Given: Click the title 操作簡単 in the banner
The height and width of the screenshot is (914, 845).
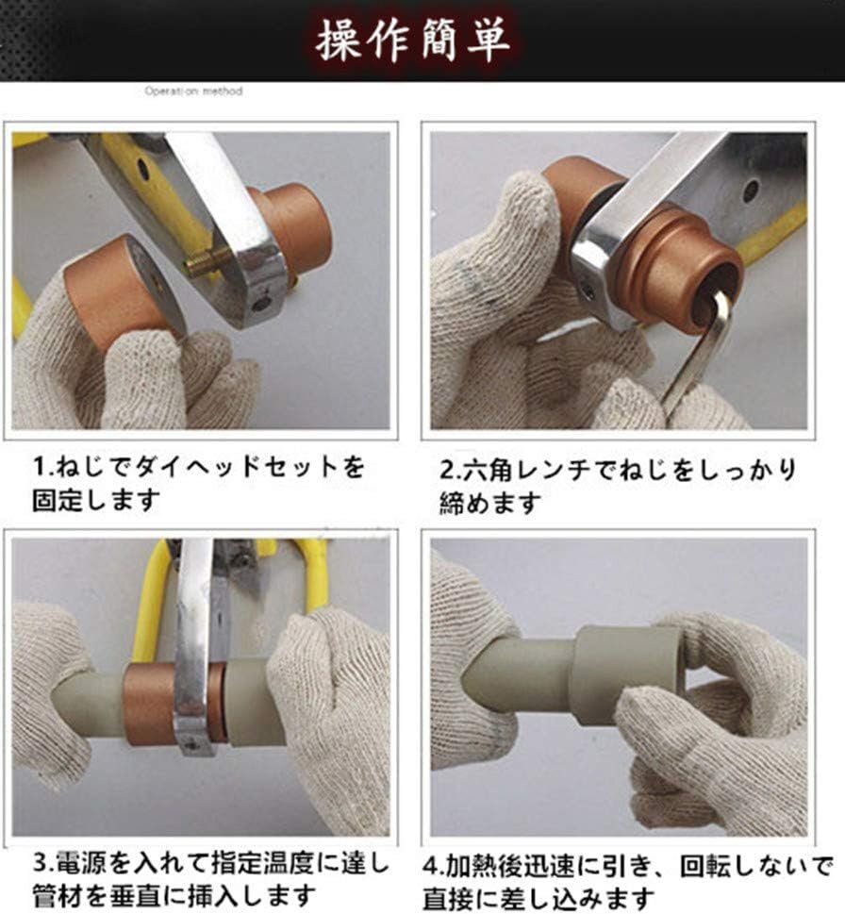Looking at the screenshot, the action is pos(412,40).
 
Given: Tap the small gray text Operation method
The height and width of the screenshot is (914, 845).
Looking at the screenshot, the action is pos(193,91).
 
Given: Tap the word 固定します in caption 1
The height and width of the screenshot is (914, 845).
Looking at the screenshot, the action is pos(96,500).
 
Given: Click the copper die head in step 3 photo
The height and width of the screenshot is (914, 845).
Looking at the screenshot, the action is pos(150,705).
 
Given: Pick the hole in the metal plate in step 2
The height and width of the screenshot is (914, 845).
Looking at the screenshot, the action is pos(752,189).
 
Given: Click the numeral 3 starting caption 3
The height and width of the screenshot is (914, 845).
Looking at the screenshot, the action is pos(39,863).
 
